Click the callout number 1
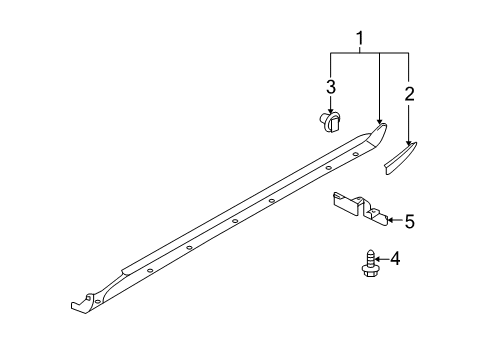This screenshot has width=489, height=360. (x=360, y=38)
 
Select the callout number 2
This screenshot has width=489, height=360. (x=409, y=94)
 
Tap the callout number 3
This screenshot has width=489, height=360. (x=331, y=86)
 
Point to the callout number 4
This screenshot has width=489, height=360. (x=395, y=258)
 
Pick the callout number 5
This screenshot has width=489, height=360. (x=410, y=221)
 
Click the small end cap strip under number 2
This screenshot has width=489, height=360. (x=400, y=158)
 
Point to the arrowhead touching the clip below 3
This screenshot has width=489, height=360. (x=331, y=113)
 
